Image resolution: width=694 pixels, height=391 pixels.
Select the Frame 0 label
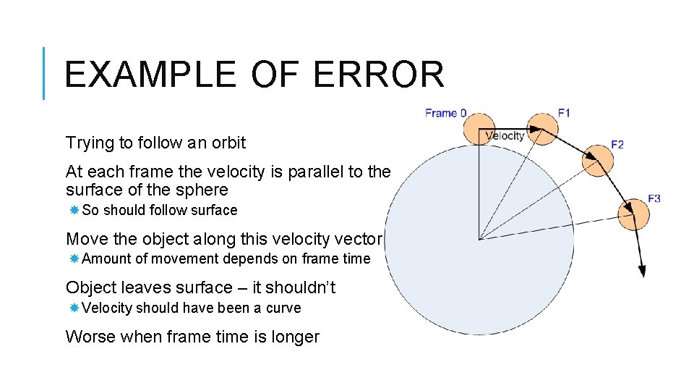point(445,113)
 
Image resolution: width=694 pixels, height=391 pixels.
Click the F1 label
point(564,113)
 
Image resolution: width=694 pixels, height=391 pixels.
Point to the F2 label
point(617,145)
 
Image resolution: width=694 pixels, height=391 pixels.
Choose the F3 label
point(654,198)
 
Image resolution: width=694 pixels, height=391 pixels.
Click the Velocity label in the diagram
point(505,135)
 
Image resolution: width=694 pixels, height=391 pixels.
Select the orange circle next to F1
point(542,128)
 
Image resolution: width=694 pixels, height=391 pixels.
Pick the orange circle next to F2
point(598,160)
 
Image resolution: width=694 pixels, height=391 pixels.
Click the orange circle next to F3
point(633,214)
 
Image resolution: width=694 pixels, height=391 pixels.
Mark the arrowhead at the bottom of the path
point(641,271)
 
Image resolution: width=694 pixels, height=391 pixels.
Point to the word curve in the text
point(283,308)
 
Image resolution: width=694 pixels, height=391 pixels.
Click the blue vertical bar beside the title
point(45,73)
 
